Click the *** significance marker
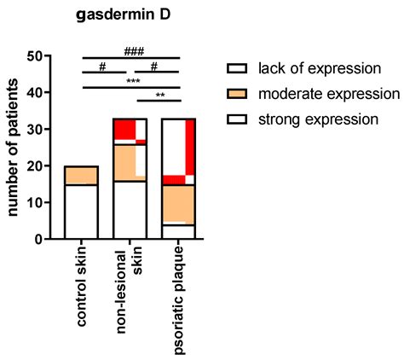point(132,82)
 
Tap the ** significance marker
point(159,95)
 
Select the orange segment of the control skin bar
point(82,176)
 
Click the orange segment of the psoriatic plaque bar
point(181,203)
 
